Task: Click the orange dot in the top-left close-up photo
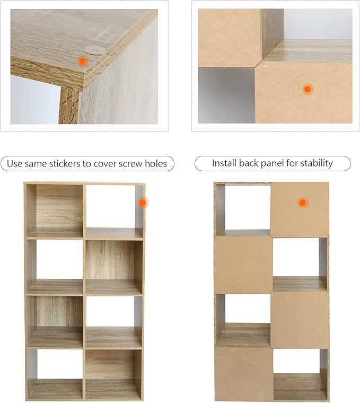pos(82,61)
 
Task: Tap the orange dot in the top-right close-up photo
pos(308,90)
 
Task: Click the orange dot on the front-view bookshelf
pos(143,203)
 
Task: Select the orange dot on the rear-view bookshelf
pos(303,203)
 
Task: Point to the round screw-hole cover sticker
pos(94,50)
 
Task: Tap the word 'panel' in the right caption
pos(273,163)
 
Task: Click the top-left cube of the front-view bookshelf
pos(55,211)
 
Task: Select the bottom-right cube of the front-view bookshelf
pos(113,373)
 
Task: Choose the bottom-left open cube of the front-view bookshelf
pos(55,373)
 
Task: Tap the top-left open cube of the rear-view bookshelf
pos(243,210)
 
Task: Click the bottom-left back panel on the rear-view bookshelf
pos(243,373)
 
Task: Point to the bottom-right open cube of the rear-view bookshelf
pos(300,374)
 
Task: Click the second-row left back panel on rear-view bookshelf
pos(243,265)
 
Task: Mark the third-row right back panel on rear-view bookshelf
pos(300,320)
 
